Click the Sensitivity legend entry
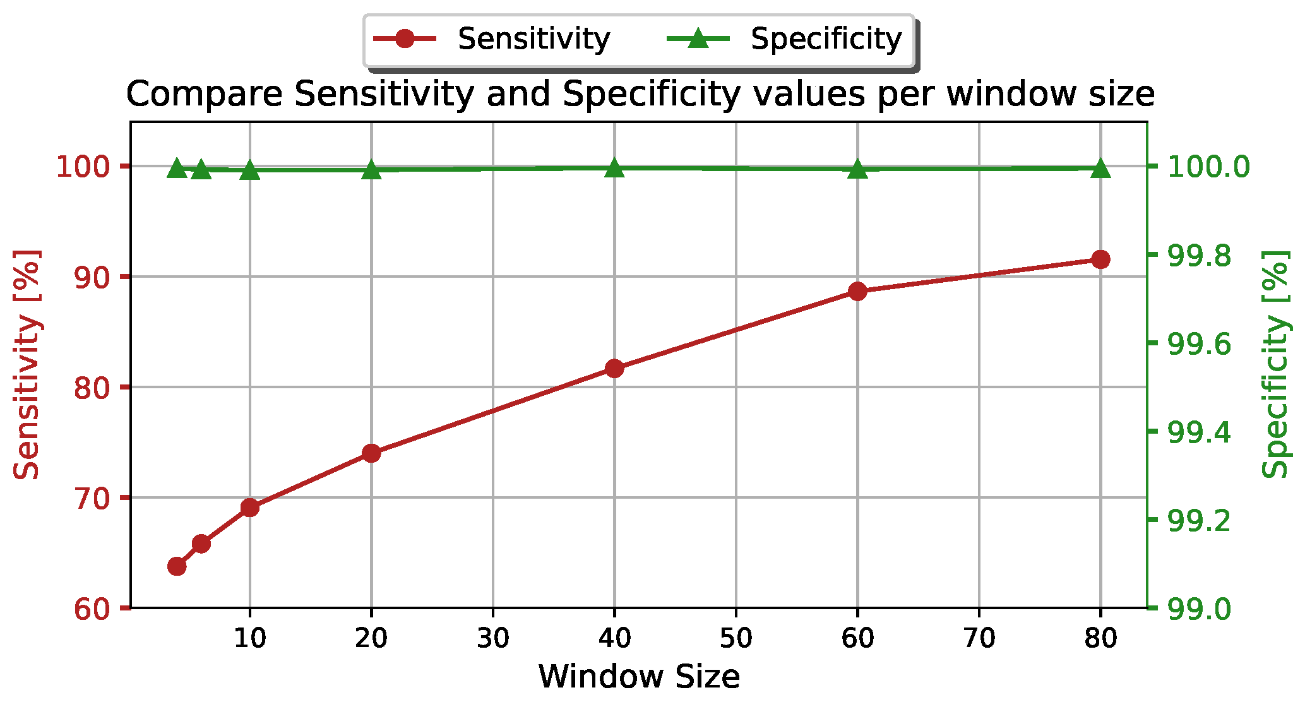point(492,39)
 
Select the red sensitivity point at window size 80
point(1100,259)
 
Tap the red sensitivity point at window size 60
point(857,291)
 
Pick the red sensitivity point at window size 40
point(614,368)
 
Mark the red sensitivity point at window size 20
point(371,453)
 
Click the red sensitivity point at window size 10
point(250,507)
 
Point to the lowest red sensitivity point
point(177,566)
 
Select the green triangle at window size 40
point(614,169)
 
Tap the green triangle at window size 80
point(1100,169)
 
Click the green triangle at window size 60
point(857,169)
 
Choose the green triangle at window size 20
point(371,170)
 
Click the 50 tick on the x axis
point(736,639)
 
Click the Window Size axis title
point(639,677)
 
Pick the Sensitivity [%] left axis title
point(27,364)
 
